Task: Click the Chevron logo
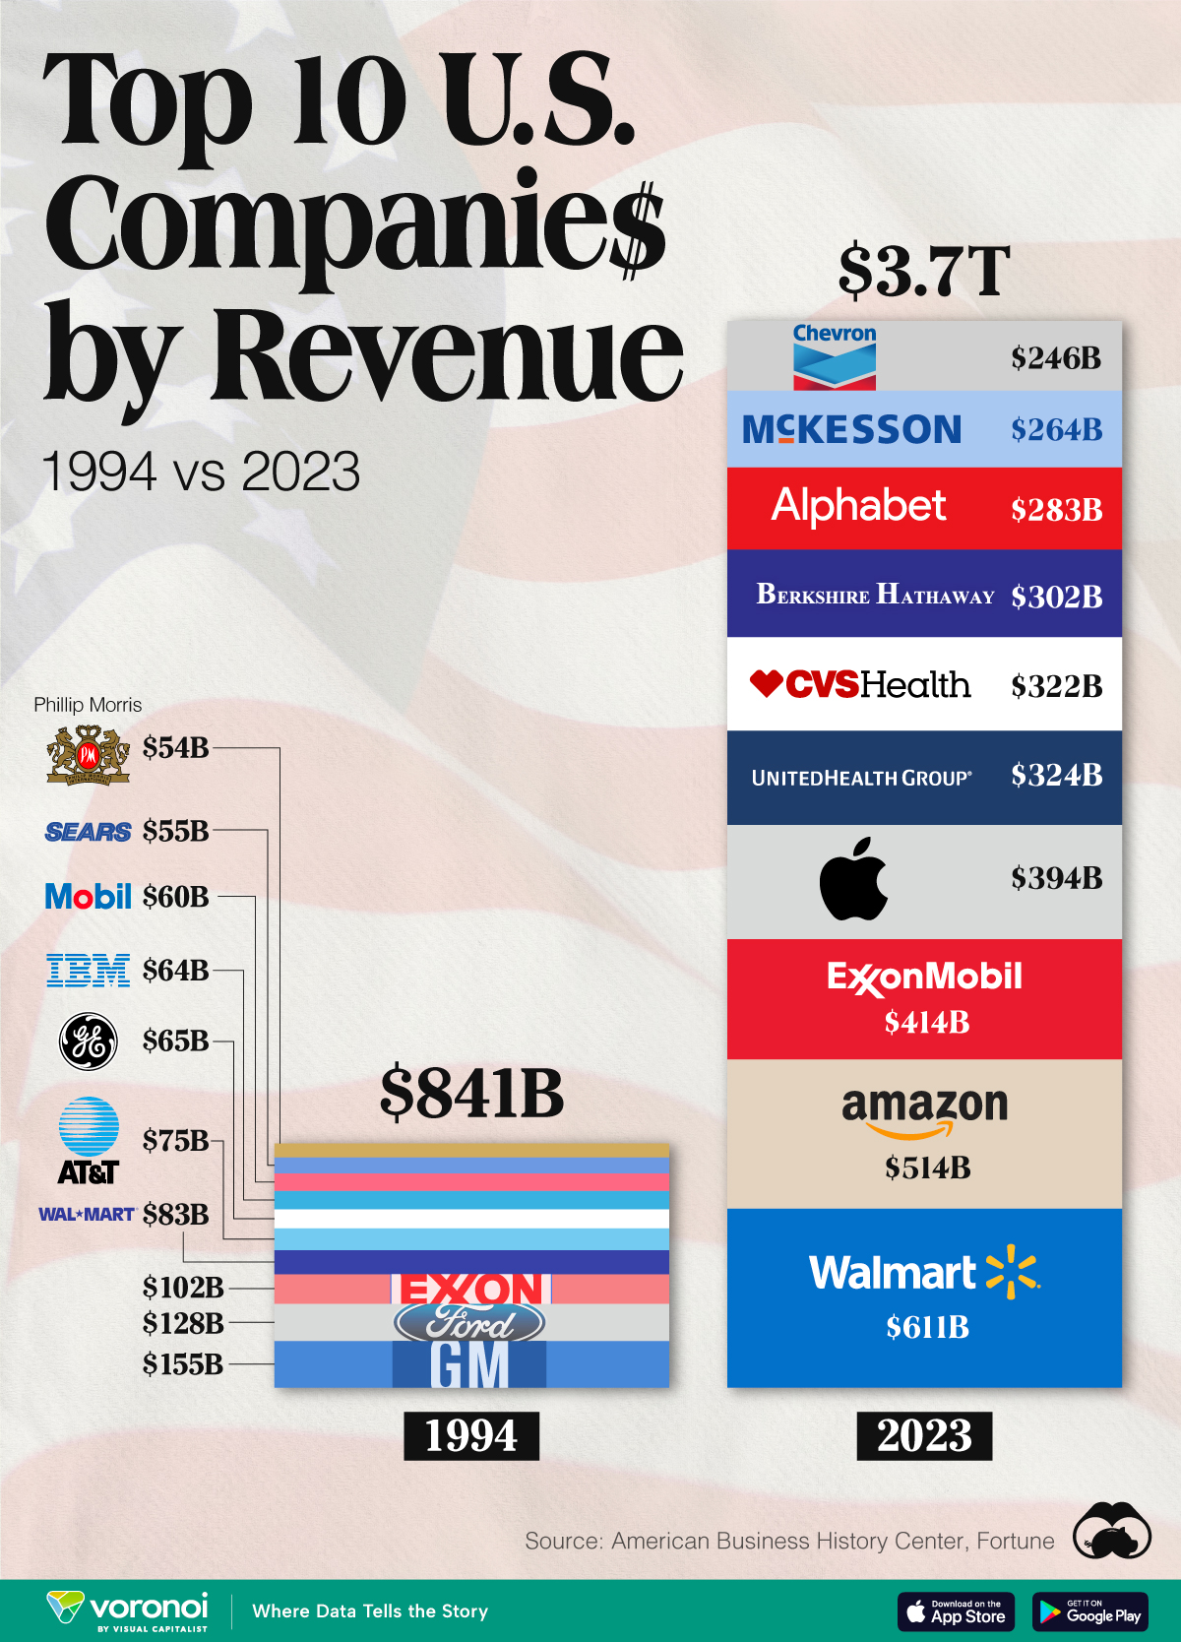coord(835,356)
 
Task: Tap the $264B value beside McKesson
coord(1056,429)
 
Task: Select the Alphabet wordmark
coord(858,506)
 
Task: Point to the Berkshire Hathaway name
coord(875,595)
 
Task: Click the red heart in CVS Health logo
coord(766,682)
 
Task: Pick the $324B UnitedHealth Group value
coord(1056,776)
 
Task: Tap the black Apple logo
coord(853,879)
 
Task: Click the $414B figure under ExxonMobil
coord(926,1023)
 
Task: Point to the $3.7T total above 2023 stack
coord(924,271)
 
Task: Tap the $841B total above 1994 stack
coord(471,1093)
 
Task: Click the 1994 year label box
coord(471,1435)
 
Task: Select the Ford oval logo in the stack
coord(469,1323)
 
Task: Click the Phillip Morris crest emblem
coord(88,754)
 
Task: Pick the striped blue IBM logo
coord(88,971)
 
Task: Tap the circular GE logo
coord(89,1042)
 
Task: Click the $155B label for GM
coord(183,1364)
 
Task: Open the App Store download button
coord(956,1611)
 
